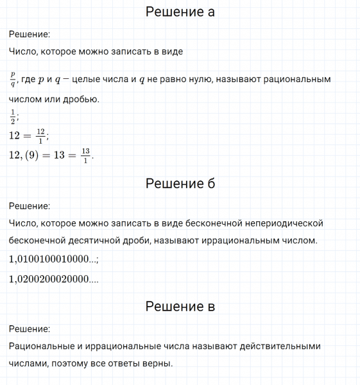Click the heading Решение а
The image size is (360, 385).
coord(180,12)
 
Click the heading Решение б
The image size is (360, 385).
coord(180,184)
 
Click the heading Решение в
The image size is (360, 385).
coord(180,307)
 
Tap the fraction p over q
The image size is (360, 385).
coord(13,80)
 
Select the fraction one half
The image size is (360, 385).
coord(13,117)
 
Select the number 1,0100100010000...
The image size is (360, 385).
coord(53,259)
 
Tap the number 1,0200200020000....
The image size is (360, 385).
coord(53,279)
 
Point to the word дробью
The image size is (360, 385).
coord(80,99)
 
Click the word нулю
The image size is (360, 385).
coord(193,80)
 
